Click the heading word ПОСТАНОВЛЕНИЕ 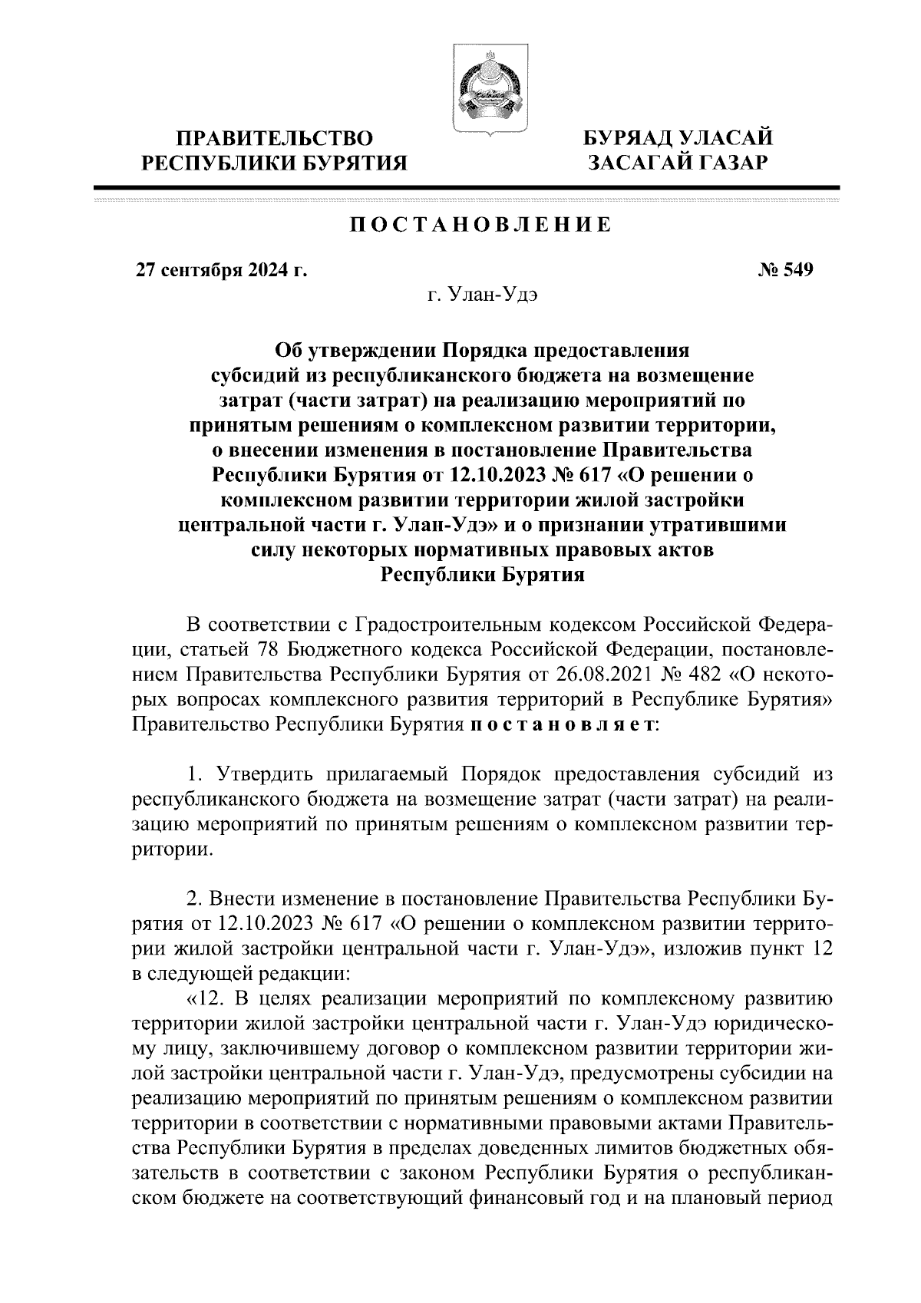coord(481,226)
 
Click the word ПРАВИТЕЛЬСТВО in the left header coord(276,139)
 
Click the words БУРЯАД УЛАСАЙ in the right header coord(678,139)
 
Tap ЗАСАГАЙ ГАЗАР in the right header coord(678,163)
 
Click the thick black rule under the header coord(466,187)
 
